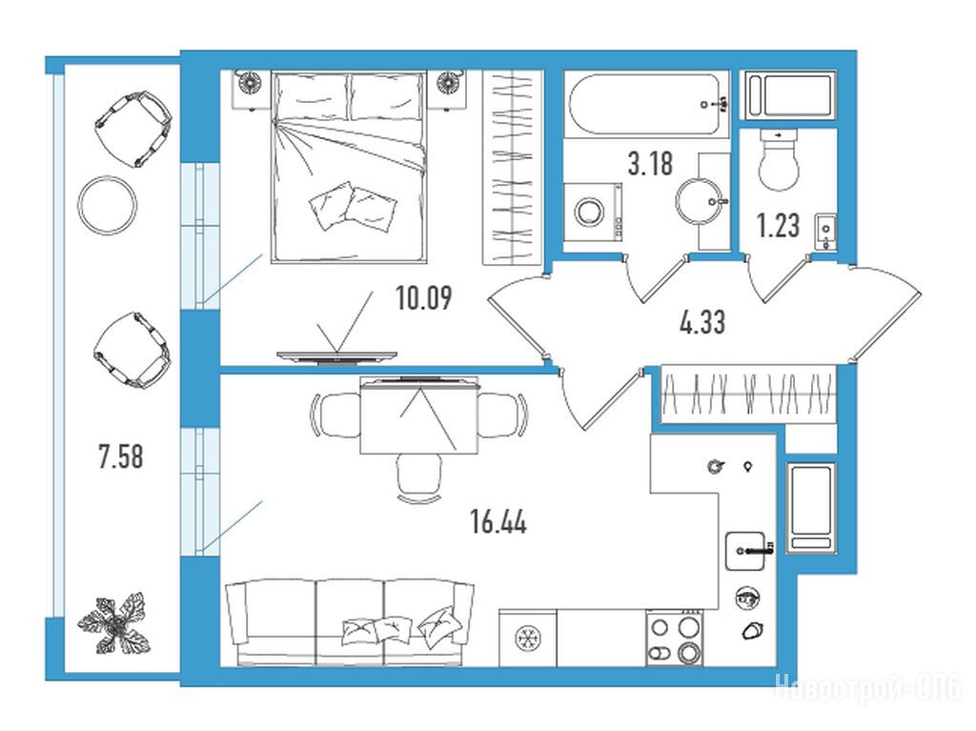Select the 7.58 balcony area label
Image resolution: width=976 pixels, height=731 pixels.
(x=121, y=456)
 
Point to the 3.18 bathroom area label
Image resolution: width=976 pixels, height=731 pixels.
(x=650, y=164)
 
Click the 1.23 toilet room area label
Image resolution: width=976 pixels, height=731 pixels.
(x=778, y=225)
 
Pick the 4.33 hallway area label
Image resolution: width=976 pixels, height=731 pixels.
(x=702, y=322)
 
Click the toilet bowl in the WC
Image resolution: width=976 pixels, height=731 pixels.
(x=779, y=159)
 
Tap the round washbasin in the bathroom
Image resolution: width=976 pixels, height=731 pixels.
(x=701, y=201)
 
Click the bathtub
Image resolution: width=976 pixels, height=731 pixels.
(x=647, y=104)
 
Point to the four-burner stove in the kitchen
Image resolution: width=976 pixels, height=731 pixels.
(x=675, y=638)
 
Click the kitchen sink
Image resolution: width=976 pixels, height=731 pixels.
(x=745, y=551)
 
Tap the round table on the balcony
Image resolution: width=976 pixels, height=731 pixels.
(x=108, y=204)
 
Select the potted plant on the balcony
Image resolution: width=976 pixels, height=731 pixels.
(x=115, y=624)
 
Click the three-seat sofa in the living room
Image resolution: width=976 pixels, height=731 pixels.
(x=349, y=622)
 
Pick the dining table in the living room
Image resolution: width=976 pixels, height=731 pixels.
(x=419, y=416)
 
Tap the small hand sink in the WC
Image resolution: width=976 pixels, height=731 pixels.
(x=825, y=231)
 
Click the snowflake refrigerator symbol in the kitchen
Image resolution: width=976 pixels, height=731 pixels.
(x=528, y=639)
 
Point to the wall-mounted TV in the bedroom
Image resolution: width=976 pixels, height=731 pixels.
(x=336, y=356)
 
